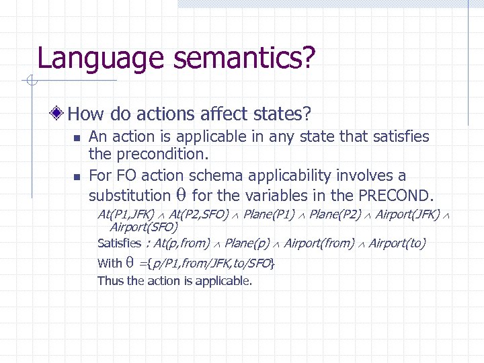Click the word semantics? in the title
coord(243,58)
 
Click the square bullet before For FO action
coord(77,177)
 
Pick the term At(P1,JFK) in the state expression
coord(126,215)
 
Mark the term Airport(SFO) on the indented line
coord(144,227)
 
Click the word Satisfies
coord(119,243)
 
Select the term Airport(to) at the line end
coord(397,243)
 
